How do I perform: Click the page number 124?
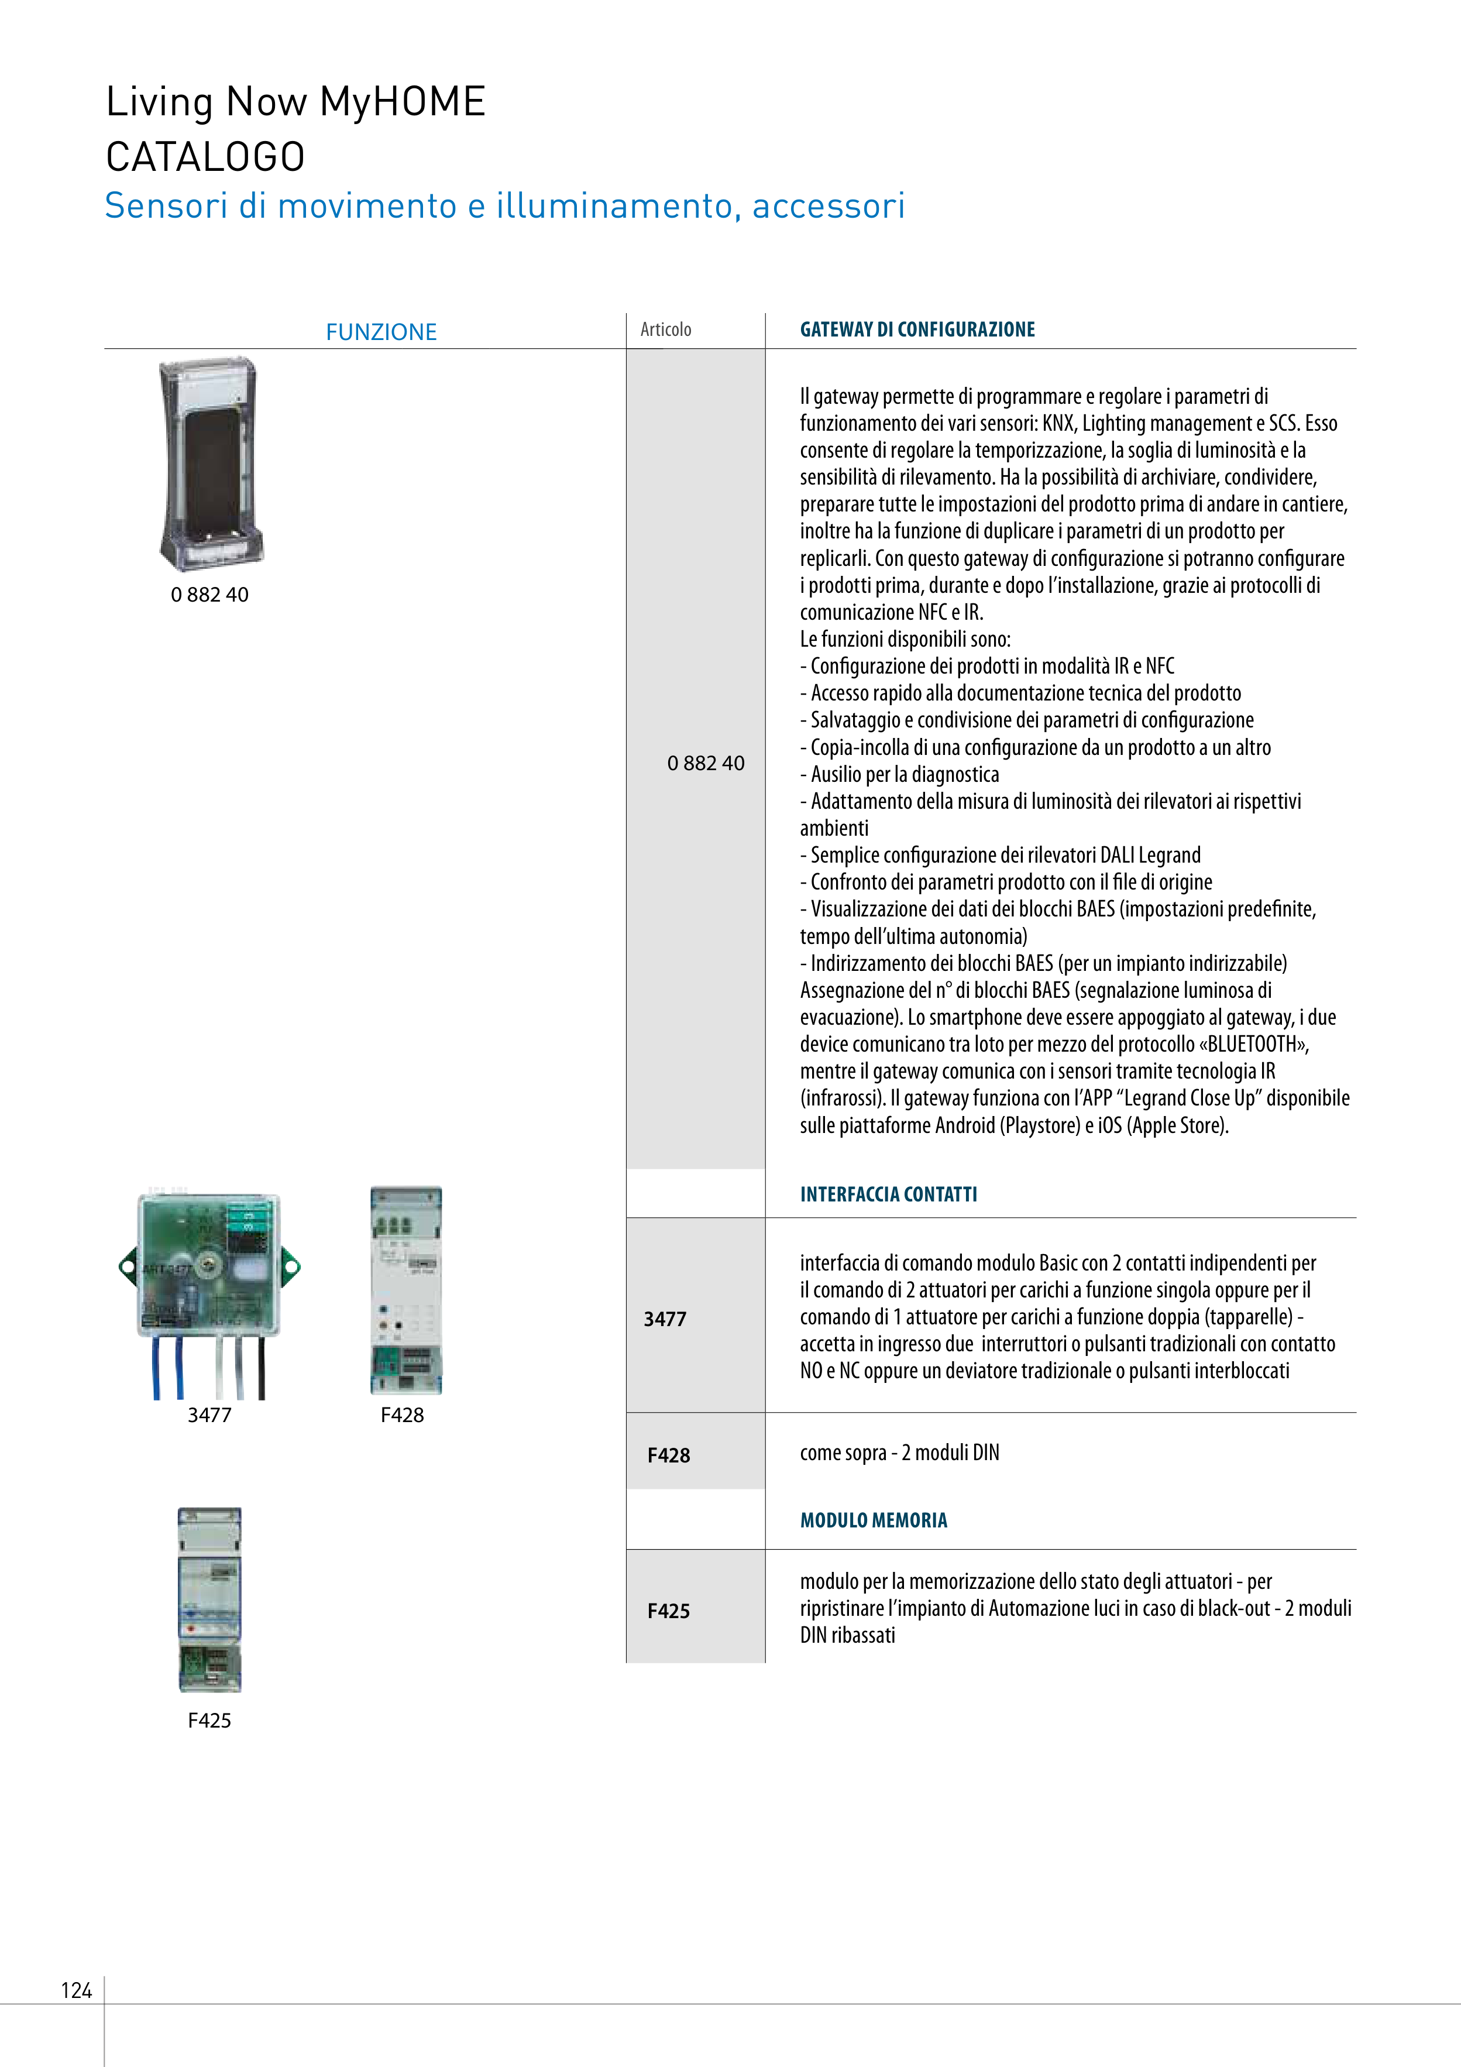tap(77, 1990)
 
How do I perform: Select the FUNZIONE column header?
tap(381, 332)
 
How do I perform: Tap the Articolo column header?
tap(665, 329)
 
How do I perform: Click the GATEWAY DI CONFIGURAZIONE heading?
tap(917, 329)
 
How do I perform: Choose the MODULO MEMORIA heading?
tap(873, 1520)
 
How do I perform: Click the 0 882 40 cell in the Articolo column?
tap(706, 764)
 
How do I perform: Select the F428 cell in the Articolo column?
tap(668, 1455)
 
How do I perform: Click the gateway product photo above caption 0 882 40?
tap(209, 463)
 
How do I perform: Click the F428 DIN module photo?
tap(406, 1290)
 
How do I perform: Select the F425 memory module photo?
tap(209, 1600)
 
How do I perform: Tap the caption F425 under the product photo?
tap(209, 1721)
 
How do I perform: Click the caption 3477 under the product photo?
tap(209, 1414)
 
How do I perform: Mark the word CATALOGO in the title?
tap(205, 157)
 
